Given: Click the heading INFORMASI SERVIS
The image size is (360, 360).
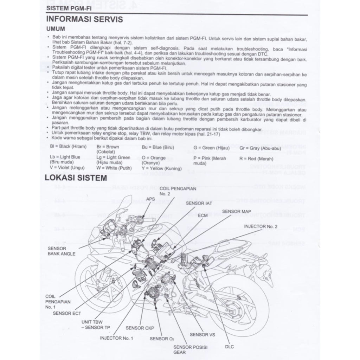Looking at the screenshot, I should click(x=85, y=19).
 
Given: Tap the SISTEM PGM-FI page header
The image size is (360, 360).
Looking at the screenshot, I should click(x=67, y=8).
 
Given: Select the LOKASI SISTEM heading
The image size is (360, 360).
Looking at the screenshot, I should click(x=76, y=178).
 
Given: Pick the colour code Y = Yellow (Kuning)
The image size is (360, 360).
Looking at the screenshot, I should click(x=161, y=168).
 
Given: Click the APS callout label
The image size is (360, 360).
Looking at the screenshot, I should click(x=150, y=199).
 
